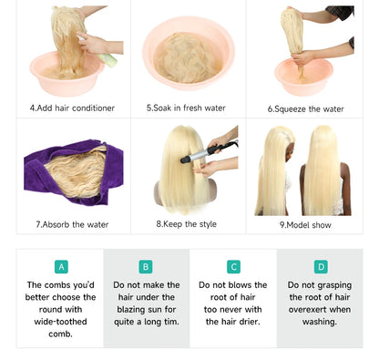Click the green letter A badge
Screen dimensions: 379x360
tap(61, 267)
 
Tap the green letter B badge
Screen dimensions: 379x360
tap(146, 267)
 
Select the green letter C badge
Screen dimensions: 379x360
tap(233, 267)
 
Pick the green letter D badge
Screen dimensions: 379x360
tap(321, 267)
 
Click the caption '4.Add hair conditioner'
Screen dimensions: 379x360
tap(72, 108)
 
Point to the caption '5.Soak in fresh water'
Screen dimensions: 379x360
tap(186, 108)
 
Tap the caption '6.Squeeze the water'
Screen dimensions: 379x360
tap(305, 109)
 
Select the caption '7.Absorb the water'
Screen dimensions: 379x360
tap(72, 225)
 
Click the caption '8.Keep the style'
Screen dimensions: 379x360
tap(187, 224)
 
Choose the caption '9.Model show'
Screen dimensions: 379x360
tap(305, 225)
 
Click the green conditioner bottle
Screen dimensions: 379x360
tap(107, 58)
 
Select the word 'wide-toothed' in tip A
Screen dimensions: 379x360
tap(60, 322)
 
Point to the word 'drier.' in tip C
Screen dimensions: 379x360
tap(250, 322)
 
